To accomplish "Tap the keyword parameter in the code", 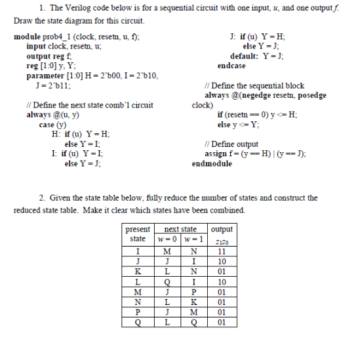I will (x=44, y=76).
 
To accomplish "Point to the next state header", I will (x=179, y=230).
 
